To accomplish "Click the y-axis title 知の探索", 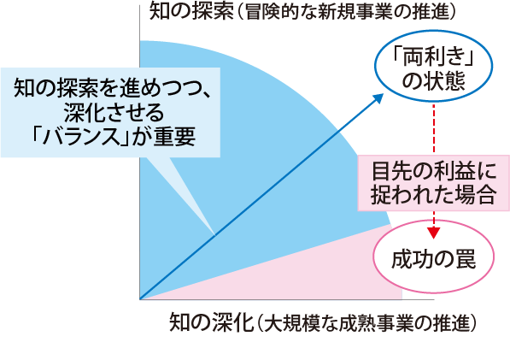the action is (191, 12).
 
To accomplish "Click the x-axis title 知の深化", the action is (211, 322).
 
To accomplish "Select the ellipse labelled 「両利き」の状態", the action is (434, 66).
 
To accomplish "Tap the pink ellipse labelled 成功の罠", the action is (434, 257).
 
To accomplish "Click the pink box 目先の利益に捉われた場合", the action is (434, 183).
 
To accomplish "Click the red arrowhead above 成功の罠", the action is (434, 233).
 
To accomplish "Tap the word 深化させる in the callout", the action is (114, 113).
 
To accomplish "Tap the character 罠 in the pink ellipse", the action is (466, 259).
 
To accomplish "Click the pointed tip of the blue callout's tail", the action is (214, 235).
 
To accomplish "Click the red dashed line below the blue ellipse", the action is (434, 128).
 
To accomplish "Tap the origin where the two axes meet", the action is (140, 299).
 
